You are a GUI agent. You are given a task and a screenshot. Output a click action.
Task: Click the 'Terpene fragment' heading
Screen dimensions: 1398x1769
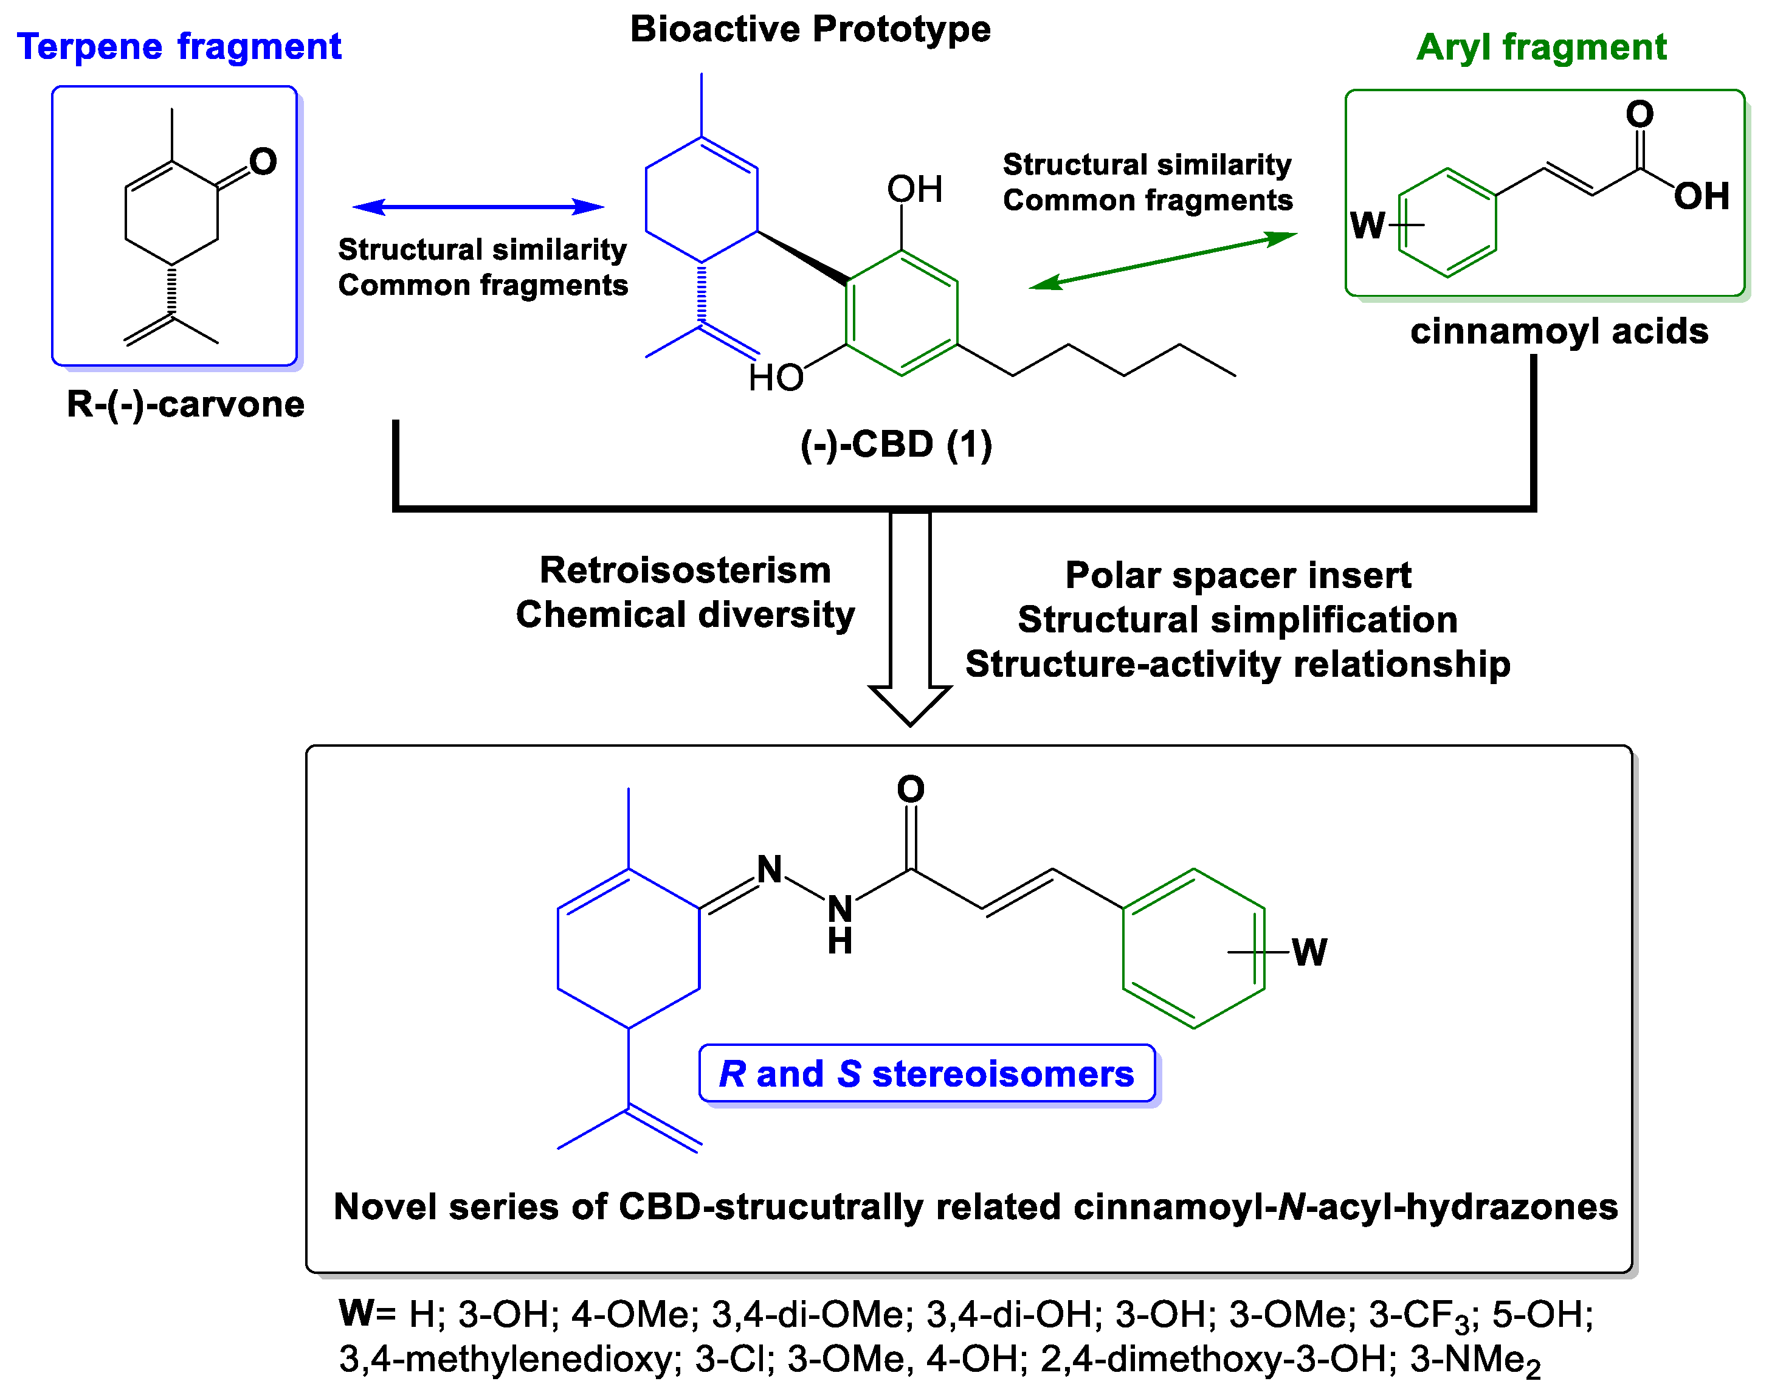tap(179, 47)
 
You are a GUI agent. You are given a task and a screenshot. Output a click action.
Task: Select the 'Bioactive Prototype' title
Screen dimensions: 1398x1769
tap(810, 29)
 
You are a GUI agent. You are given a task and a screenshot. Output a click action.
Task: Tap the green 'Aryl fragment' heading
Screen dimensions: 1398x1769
tap(1540, 47)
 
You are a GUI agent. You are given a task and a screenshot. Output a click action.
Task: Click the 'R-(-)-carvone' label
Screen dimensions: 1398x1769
tap(186, 404)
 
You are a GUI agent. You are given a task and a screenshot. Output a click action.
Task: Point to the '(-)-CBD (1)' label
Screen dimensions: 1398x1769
tap(896, 445)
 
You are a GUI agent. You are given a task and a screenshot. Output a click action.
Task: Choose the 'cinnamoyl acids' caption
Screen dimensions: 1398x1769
tap(1559, 331)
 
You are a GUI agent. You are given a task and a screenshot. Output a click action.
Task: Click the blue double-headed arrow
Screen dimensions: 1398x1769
tap(478, 207)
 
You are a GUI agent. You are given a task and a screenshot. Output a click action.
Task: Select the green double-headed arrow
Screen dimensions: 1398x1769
tap(1162, 261)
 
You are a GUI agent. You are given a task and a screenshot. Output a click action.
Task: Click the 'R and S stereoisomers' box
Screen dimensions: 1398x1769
tap(926, 1073)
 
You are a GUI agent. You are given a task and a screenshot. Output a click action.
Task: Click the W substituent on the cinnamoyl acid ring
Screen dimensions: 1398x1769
tap(1367, 225)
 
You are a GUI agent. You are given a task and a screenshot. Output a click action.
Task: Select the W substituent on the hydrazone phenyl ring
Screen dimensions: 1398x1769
tap(1309, 952)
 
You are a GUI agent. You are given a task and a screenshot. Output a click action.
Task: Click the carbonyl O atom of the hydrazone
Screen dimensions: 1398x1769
tap(911, 790)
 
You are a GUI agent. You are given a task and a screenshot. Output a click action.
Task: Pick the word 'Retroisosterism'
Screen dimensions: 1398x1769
tap(685, 570)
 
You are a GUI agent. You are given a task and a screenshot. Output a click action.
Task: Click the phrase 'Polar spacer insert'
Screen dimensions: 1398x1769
tap(1238, 575)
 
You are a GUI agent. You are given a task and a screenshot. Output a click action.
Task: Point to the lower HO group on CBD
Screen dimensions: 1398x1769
tap(775, 378)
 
